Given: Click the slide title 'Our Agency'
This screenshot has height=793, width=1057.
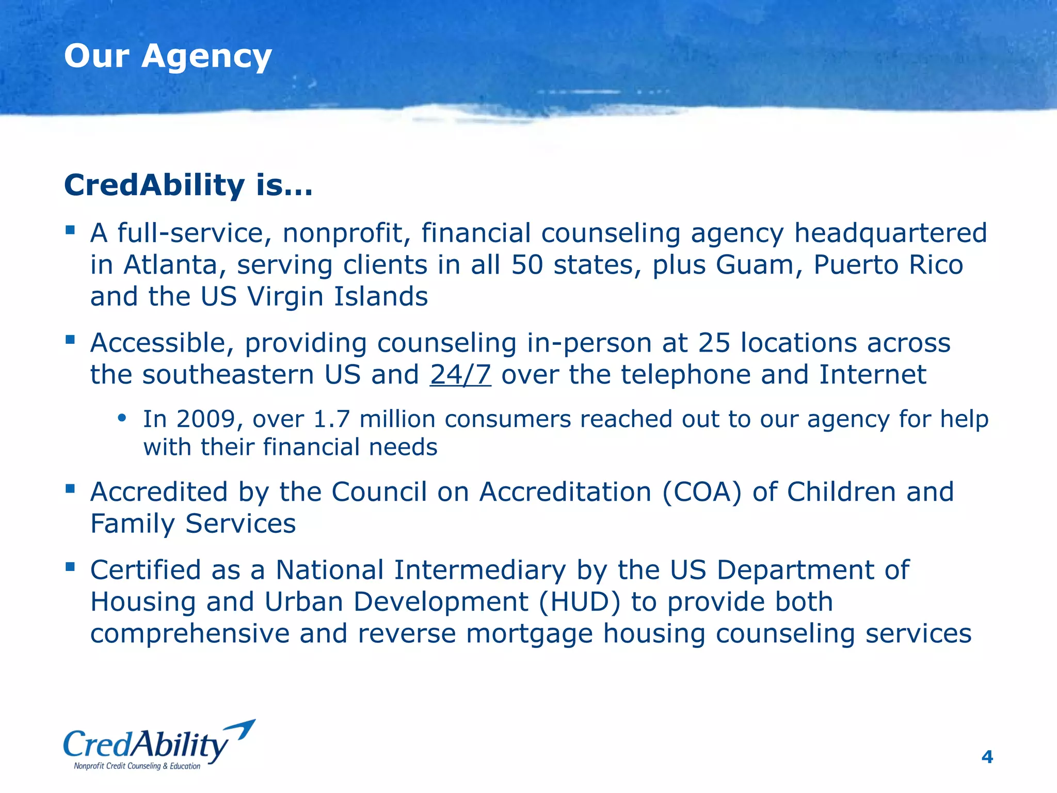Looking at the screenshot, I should tap(168, 57).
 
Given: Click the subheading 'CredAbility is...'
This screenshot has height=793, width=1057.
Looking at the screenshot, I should tap(188, 185).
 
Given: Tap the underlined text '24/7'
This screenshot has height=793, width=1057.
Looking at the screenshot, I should tap(460, 375).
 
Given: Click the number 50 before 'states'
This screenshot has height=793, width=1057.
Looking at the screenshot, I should tap(527, 265).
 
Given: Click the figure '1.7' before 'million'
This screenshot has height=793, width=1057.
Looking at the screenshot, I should tap(332, 419).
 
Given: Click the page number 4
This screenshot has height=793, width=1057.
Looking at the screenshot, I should tap(987, 757).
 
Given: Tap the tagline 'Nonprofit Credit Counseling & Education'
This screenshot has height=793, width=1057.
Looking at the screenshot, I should tap(137, 766).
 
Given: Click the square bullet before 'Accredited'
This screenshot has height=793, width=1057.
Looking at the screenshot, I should tap(70, 488).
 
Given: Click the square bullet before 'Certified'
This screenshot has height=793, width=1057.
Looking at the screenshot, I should tap(70, 567).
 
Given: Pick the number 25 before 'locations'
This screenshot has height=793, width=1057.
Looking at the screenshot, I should tap(714, 343).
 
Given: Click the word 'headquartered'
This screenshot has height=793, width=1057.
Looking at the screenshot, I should tap(890, 233).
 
